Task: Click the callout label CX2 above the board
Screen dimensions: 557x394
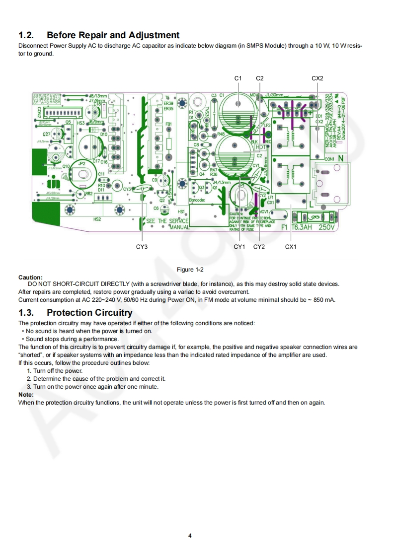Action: click(317, 78)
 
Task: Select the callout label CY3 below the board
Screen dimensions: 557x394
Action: click(142, 247)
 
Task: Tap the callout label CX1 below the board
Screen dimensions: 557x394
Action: click(291, 247)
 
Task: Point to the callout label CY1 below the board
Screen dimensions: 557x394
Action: click(239, 247)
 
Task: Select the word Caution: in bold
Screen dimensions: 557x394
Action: click(30, 277)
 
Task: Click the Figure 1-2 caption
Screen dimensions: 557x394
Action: click(190, 270)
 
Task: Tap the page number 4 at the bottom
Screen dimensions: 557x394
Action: click(190, 536)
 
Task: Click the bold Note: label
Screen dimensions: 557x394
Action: click(26, 394)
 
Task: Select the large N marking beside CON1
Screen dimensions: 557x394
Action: click(341, 158)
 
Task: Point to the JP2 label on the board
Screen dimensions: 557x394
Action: click(82, 163)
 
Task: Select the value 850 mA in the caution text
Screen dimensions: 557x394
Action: click(324, 300)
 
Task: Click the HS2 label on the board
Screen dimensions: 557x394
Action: click(97, 219)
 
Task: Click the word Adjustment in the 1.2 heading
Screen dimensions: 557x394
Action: click(154, 35)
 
